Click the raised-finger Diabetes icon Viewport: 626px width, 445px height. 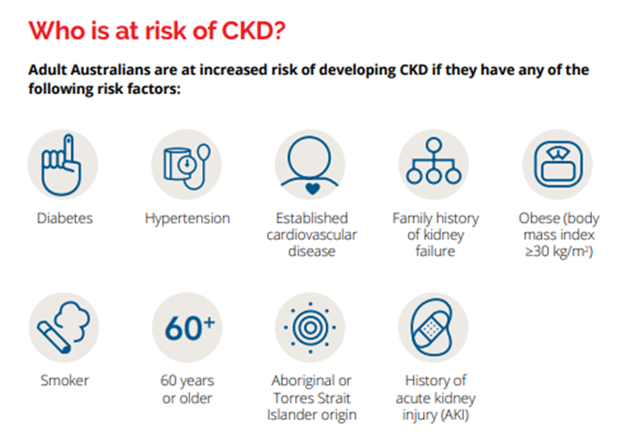[62, 165]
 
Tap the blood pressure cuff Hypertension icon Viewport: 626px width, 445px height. [186, 166]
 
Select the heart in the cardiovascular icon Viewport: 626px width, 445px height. [313, 188]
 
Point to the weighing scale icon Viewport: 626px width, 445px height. [558, 165]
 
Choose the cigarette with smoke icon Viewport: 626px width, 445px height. [63, 328]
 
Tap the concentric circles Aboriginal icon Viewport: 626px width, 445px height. [310, 328]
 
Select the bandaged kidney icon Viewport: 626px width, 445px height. [432, 328]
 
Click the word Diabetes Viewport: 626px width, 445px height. [64, 218]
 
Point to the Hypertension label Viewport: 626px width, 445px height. [187, 218]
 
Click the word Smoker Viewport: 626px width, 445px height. [64, 381]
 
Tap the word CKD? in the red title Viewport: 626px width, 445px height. [253, 30]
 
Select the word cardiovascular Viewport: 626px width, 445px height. [311, 235]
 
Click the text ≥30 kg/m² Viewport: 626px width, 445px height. [559, 252]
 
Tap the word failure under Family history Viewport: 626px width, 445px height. [436, 252]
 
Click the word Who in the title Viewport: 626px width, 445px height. [56, 30]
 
